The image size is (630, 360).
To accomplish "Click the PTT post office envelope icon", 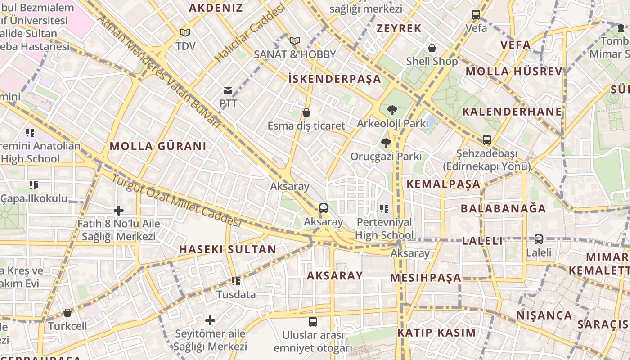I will (x=228, y=90).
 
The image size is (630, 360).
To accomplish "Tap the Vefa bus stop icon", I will (x=476, y=15).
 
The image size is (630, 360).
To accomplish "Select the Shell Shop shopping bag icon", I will (x=432, y=48).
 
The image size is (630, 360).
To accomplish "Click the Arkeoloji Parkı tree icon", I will (x=392, y=110).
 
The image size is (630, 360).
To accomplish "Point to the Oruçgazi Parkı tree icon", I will (x=386, y=143).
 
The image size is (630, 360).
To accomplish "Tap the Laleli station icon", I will (x=539, y=239).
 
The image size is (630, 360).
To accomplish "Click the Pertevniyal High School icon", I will (x=384, y=208).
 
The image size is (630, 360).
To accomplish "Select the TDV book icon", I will (x=185, y=32).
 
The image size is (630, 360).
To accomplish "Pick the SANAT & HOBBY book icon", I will (x=295, y=40).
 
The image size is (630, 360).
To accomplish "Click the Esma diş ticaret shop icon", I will (x=306, y=112).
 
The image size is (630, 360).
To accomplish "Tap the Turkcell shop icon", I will (x=67, y=312).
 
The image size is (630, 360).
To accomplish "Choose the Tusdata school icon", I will (x=236, y=281).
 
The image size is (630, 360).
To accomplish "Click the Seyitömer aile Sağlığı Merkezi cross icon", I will (x=210, y=320).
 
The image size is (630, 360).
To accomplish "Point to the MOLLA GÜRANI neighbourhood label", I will (x=158, y=146).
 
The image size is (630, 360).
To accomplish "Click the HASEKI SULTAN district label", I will (x=228, y=249).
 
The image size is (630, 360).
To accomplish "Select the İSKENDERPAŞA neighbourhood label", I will (x=334, y=79).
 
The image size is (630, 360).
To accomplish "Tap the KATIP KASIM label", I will (x=436, y=333).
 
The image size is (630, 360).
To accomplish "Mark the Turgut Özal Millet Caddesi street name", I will (x=176, y=200).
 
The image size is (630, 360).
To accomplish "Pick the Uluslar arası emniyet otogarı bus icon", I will (x=313, y=322).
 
